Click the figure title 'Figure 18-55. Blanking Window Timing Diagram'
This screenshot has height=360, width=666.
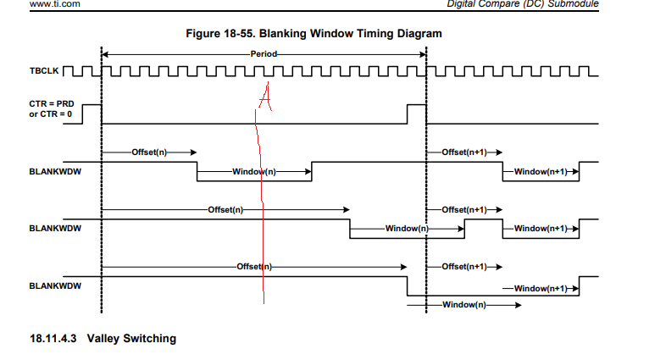314,34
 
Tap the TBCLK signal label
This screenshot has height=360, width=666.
44,71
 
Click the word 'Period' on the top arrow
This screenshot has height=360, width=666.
264,54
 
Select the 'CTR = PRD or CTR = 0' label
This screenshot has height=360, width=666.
52,109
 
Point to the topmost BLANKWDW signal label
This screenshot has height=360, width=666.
55,171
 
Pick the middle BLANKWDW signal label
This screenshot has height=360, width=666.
55,229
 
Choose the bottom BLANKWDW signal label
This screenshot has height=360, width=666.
55,285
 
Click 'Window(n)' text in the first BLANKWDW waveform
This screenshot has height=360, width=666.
254,171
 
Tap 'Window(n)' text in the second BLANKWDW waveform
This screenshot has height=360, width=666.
407,229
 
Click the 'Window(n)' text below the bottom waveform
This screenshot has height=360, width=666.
464,305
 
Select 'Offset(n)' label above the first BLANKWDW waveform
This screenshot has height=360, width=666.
149,152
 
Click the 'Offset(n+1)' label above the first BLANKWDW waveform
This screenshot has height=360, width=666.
464,152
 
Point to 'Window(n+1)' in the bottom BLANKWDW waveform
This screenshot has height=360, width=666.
541,289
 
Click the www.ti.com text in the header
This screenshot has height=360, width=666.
55,4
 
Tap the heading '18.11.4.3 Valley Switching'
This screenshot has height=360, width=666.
103,338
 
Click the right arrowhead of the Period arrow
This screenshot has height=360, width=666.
423,54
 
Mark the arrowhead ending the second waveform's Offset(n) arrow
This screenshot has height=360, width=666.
347,209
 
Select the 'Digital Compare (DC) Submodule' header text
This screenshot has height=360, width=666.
523,4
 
